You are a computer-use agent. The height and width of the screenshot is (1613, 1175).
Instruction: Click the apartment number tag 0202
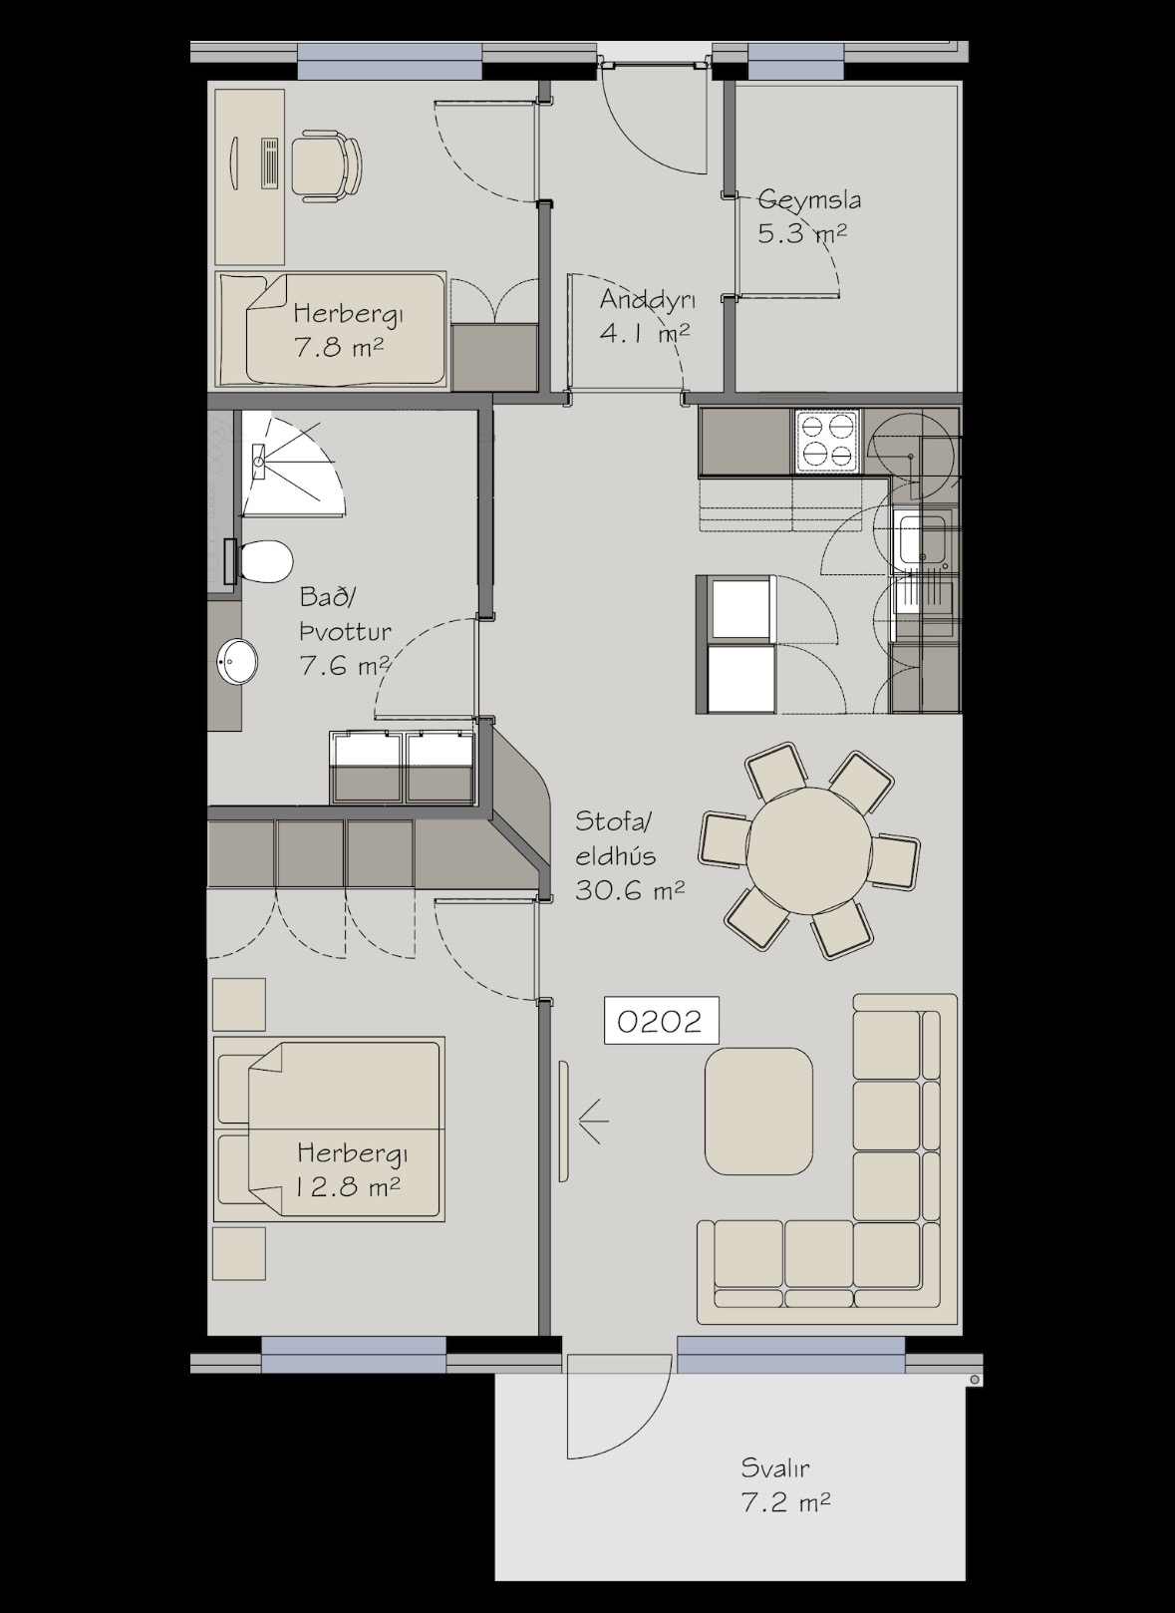point(661,1021)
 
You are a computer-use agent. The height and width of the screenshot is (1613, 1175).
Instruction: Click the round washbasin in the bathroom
point(237,661)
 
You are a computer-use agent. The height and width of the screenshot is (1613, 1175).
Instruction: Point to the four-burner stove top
point(827,442)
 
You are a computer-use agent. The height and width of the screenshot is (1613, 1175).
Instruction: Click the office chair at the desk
point(326,164)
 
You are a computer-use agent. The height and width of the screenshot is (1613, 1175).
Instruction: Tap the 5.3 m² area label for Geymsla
point(801,233)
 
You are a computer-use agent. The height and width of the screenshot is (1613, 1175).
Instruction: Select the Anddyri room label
point(647,299)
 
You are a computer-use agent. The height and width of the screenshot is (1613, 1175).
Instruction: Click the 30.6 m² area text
point(629,891)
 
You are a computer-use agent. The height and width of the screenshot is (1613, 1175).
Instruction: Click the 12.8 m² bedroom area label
point(348,1186)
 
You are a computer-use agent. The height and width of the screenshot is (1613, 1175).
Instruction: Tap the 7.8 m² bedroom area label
point(339,348)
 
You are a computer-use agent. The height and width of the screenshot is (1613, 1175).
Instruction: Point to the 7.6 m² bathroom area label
point(344,665)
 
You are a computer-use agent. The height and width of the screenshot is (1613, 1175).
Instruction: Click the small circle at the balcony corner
point(974,1380)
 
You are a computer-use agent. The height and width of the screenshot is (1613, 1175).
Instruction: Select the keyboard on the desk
point(268,163)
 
